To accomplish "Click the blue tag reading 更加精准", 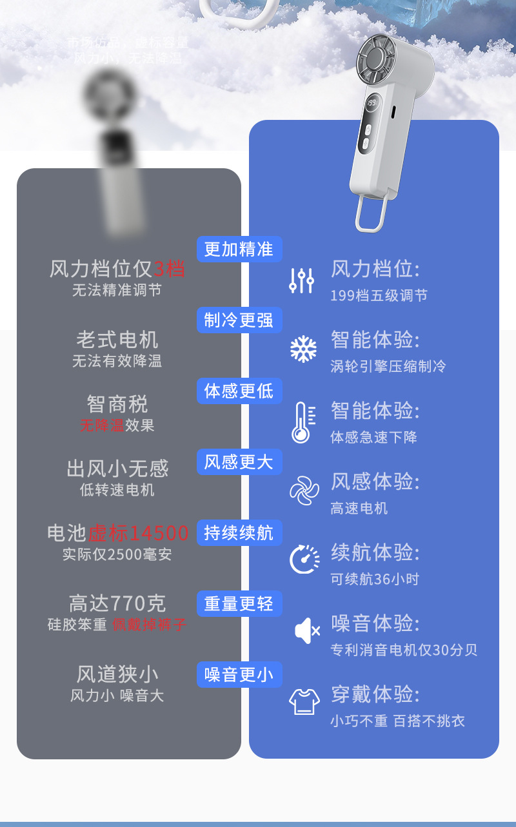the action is click(x=239, y=249).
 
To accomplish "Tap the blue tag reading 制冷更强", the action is click(x=239, y=320).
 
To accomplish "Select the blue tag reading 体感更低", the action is click(x=239, y=391).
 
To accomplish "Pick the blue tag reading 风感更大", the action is click(x=239, y=462).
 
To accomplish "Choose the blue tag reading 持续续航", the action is click(x=239, y=532).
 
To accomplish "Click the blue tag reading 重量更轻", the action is click(x=239, y=603).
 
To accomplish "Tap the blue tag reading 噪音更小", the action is click(x=239, y=674).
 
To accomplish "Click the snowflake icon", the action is click(x=303, y=349).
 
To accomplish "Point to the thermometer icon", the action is click(x=303, y=422).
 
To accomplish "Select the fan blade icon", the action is click(x=304, y=490).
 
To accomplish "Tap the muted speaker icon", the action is click(x=306, y=630).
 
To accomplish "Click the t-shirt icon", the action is click(x=304, y=701).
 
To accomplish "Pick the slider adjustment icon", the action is click(x=301, y=280).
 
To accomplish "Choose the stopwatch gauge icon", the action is click(x=304, y=559).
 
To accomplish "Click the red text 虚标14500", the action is click(x=139, y=533).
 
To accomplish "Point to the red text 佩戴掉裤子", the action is click(x=150, y=625).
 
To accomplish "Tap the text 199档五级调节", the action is click(x=379, y=296).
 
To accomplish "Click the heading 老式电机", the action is click(x=117, y=339).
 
